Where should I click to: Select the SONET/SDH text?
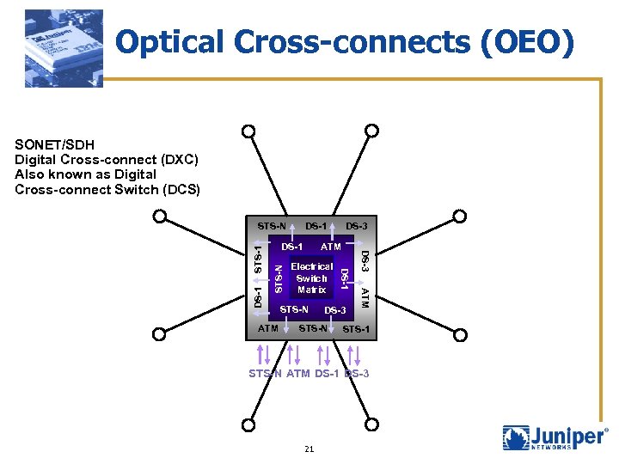(x=54, y=144)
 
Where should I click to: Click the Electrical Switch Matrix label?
(x=311, y=278)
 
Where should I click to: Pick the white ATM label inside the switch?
(x=331, y=247)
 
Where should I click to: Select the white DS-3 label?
(x=334, y=310)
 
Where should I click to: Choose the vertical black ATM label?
(x=365, y=298)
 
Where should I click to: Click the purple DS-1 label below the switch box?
(x=327, y=374)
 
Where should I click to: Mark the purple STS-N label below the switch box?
(x=265, y=374)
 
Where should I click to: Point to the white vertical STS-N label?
(x=278, y=278)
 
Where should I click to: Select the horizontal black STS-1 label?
(x=356, y=329)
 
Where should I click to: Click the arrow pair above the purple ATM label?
(x=293, y=354)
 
